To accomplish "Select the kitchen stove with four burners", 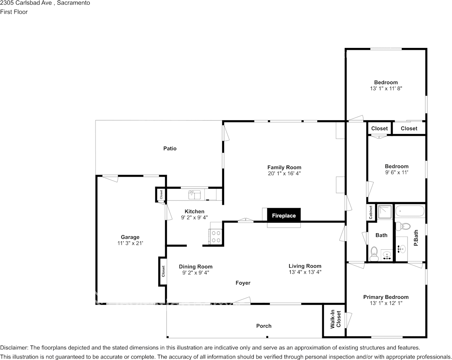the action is tap(216, 237).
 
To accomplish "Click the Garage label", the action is tap(130, 237).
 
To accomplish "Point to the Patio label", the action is tap(170, 148).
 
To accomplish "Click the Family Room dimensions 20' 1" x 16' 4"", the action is tap(284, 173).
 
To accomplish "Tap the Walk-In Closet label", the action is tap(336, 319).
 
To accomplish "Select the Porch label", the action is tap(264, 326).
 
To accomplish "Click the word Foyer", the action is tap(243, 283).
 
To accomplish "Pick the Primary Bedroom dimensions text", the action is tap(386, 303).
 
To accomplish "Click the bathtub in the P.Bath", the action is tap(410, 211).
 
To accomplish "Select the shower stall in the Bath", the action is tap(385, 212).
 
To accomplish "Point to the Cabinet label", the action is tap(371, 212).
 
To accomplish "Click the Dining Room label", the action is tap(196, 267).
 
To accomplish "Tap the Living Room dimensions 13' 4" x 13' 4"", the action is tap(305, 272).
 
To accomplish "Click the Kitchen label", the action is tap(194, 212).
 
